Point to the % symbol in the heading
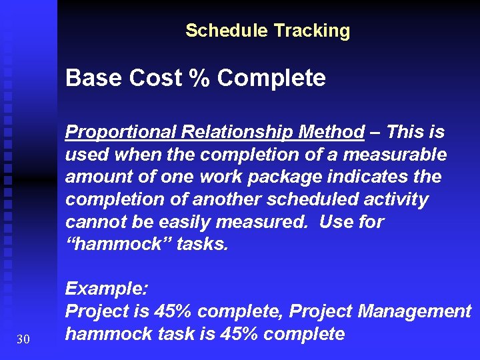(x=197, y=79)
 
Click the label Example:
(x=107, y=289)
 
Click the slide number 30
(x=23, y=340)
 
